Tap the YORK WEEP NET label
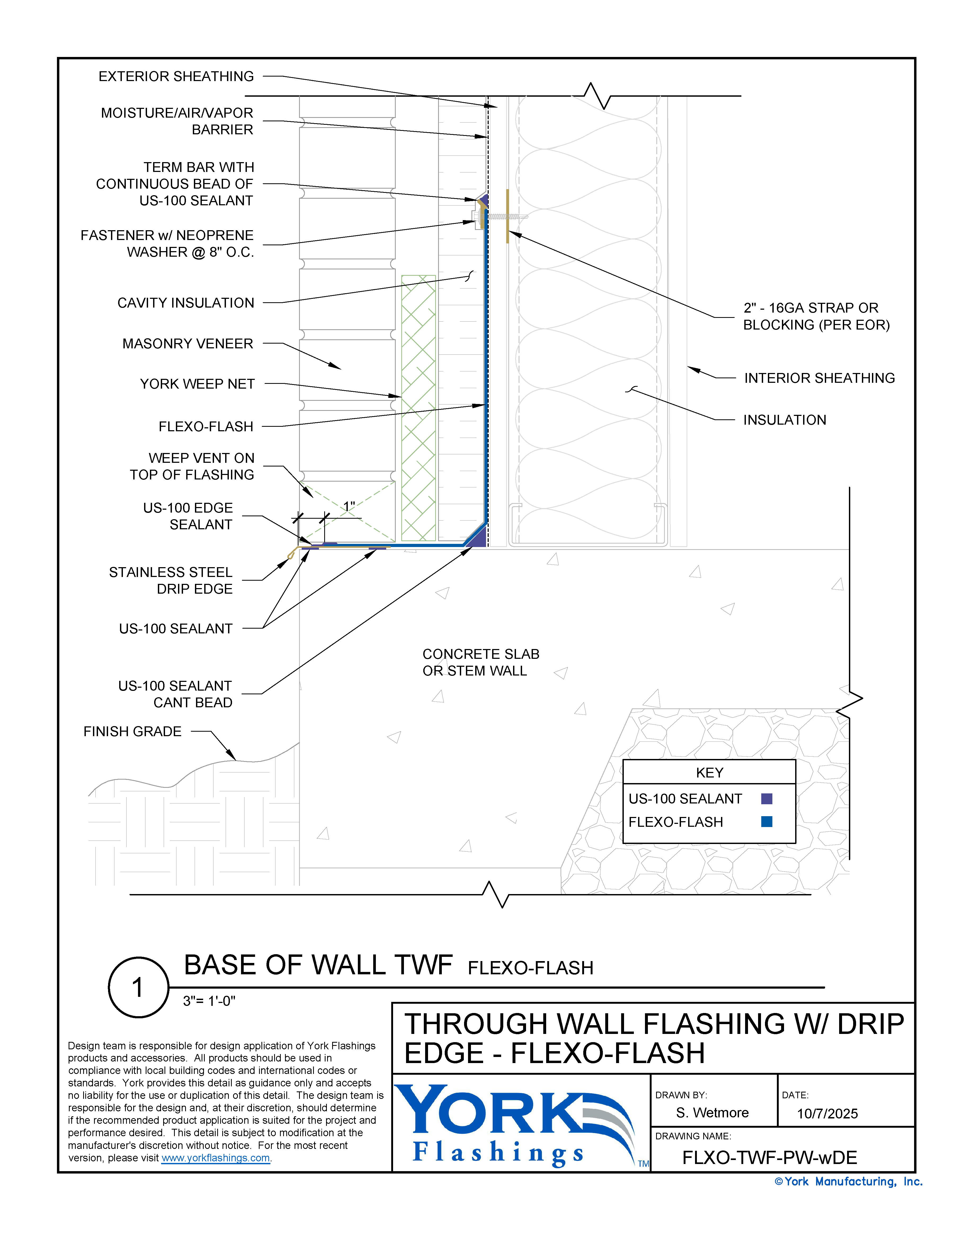(x=197, y=384)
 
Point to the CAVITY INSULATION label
(x=185, y=303)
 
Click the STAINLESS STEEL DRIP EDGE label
(x=171, y=581)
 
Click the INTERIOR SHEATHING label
(x=819, y=378)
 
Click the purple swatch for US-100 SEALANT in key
(x=766, y=799)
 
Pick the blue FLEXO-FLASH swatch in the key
(x=766, y=821)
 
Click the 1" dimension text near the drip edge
(x=349, y=506)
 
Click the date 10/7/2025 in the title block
(x=827, y=1114)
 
